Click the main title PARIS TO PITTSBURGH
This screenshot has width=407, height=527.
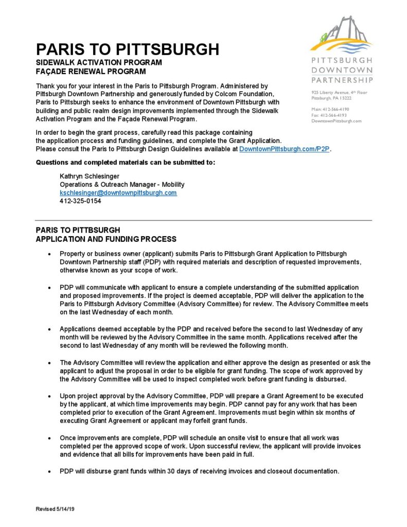127,49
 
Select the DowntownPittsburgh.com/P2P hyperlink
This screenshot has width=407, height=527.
285,149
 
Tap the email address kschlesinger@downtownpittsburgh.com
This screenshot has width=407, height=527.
118,192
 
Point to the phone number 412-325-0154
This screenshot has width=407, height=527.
80,201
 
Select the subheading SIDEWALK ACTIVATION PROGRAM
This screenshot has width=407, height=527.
99,63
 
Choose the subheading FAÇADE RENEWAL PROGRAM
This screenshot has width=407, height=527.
91,72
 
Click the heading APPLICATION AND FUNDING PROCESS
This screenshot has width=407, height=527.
106,239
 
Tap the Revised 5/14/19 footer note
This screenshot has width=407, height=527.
55,509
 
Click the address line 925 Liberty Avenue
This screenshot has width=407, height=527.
339,93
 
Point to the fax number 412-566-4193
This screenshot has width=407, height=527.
329,115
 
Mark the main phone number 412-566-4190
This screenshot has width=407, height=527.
330,109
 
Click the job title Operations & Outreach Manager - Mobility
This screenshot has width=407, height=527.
122,184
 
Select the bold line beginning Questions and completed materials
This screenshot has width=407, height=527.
125,163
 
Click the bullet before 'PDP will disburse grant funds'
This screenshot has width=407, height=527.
48,471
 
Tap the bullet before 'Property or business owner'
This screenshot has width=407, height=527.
48,254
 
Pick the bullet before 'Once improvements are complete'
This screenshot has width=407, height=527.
48,438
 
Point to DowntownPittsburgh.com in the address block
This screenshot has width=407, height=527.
337,121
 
